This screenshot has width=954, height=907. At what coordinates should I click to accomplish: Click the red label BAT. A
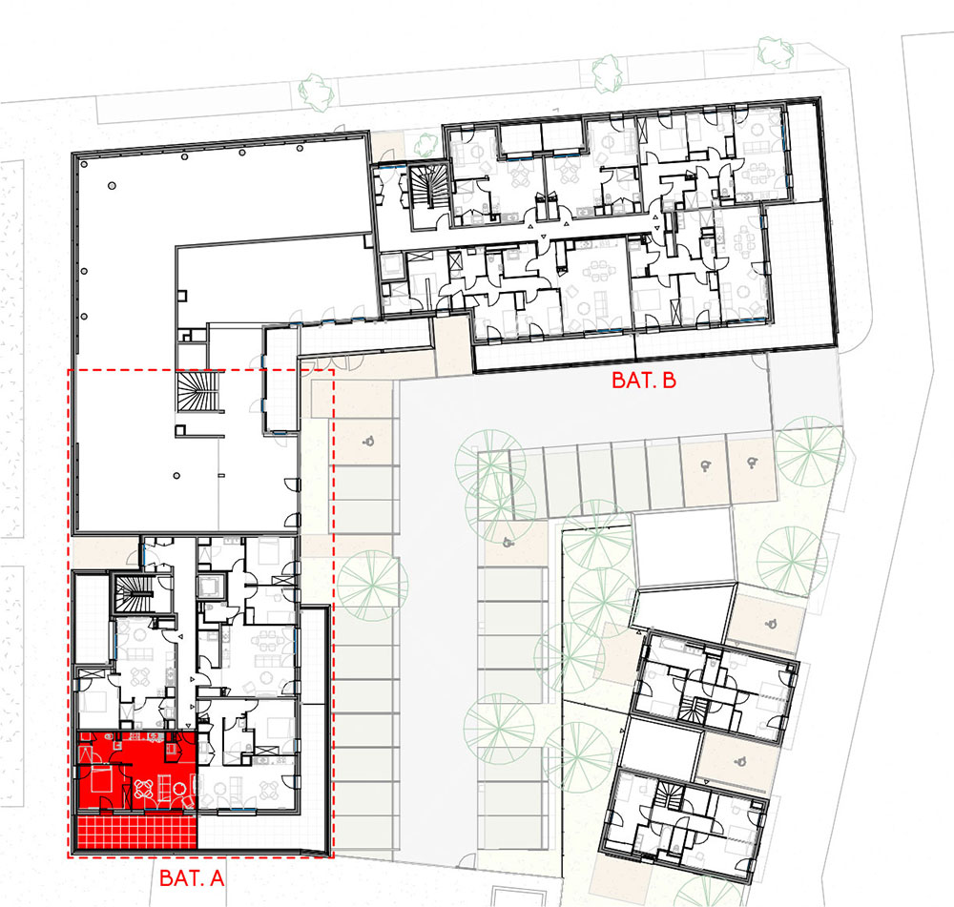(192, 877)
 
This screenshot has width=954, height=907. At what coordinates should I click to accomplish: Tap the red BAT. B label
(644, 381)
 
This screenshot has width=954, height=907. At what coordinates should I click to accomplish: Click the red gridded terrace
(135, 832)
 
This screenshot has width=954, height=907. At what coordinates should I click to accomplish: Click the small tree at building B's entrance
(426, 144)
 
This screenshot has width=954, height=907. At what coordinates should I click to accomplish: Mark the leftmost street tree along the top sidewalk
(317, 93)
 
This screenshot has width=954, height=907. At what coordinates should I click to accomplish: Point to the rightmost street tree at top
(776, 52)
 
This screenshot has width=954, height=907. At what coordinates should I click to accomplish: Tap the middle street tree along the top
(607, 74)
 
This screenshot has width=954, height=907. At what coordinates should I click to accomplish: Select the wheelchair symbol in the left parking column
(367, 442)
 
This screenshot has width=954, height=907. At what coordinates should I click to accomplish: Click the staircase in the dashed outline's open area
(197, 392)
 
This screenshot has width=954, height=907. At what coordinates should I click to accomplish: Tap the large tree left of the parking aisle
(372, 586)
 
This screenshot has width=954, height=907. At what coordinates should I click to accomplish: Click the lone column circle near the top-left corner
(112, 186)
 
